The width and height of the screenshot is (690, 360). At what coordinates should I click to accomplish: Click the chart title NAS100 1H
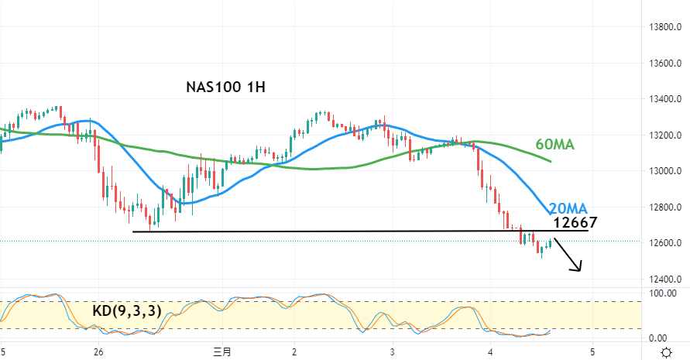[226, 87]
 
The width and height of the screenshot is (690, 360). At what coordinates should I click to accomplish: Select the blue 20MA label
[568, 208]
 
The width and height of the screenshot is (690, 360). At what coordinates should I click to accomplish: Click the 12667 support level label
[575, 223]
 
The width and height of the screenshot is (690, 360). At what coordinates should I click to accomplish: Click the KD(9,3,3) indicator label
[127, 311]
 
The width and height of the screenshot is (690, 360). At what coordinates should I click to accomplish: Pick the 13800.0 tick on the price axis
[664, 27]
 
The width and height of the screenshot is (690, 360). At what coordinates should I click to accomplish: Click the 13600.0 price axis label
[664, 63]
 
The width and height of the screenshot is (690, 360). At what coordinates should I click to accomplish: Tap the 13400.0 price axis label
[664, 99]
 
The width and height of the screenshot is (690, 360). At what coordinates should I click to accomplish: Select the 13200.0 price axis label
[664, 135]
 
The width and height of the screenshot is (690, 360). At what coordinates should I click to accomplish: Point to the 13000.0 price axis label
[664, 171]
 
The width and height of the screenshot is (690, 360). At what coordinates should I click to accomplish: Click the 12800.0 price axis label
[664, 207]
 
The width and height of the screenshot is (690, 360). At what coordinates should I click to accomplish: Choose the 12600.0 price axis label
[664, 243]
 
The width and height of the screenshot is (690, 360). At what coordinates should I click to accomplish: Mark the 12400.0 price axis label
[664, 279]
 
